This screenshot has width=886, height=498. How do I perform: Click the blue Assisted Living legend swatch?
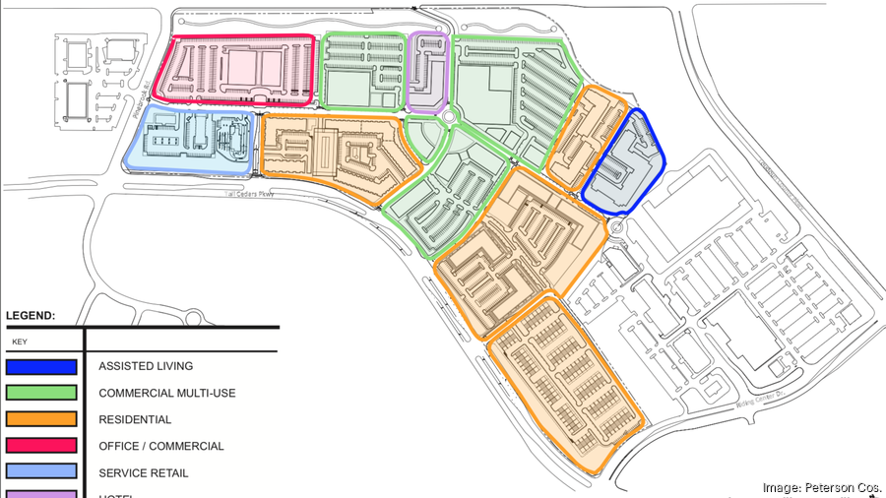pos(41,367)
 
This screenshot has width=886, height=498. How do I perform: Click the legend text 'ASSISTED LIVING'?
pos(146,367)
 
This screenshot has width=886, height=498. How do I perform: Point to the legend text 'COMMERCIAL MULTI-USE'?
pos(166,394)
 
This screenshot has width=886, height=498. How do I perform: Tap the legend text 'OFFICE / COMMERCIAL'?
pos(160,447)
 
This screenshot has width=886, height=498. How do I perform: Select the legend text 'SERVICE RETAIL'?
pos(143,473)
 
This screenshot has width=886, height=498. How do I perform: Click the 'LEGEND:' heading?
pos(31,316)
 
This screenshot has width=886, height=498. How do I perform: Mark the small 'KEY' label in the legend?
pos(19,342)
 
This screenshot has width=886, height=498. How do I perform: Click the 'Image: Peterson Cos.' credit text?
pos(822,487)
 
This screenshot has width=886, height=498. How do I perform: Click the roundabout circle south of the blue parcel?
pos(617,229)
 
